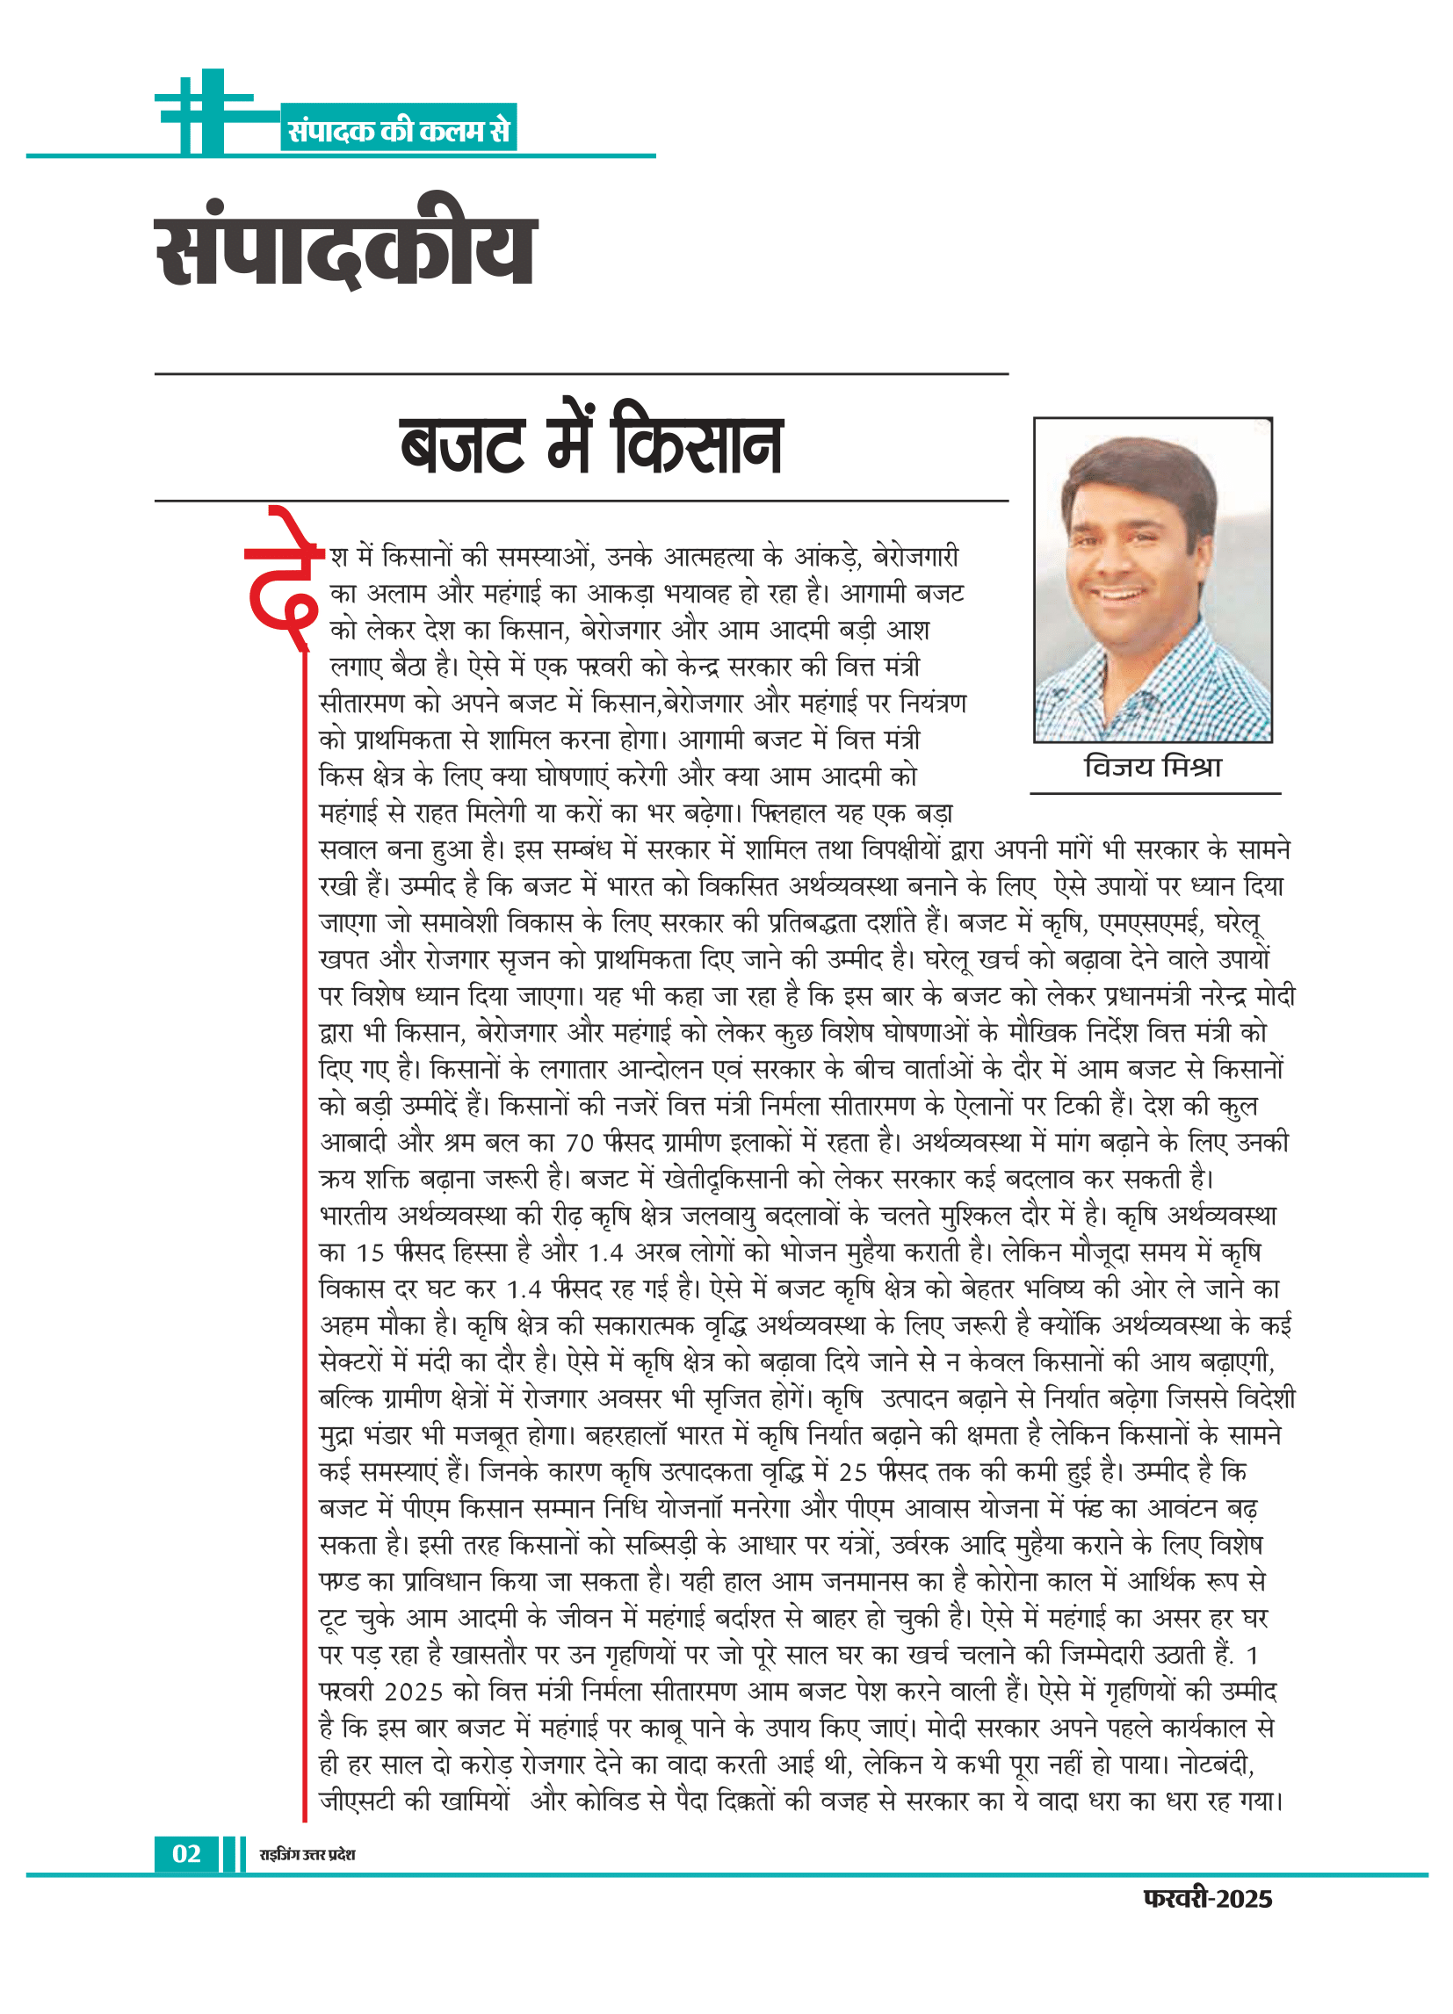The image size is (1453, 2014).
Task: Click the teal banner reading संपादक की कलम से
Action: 399,131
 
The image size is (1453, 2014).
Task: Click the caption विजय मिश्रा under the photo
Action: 1153,768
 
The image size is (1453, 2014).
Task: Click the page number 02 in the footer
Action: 186,1853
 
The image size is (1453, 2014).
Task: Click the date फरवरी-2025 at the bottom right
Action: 1207,1899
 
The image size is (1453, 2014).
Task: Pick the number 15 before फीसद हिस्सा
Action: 370,1253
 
